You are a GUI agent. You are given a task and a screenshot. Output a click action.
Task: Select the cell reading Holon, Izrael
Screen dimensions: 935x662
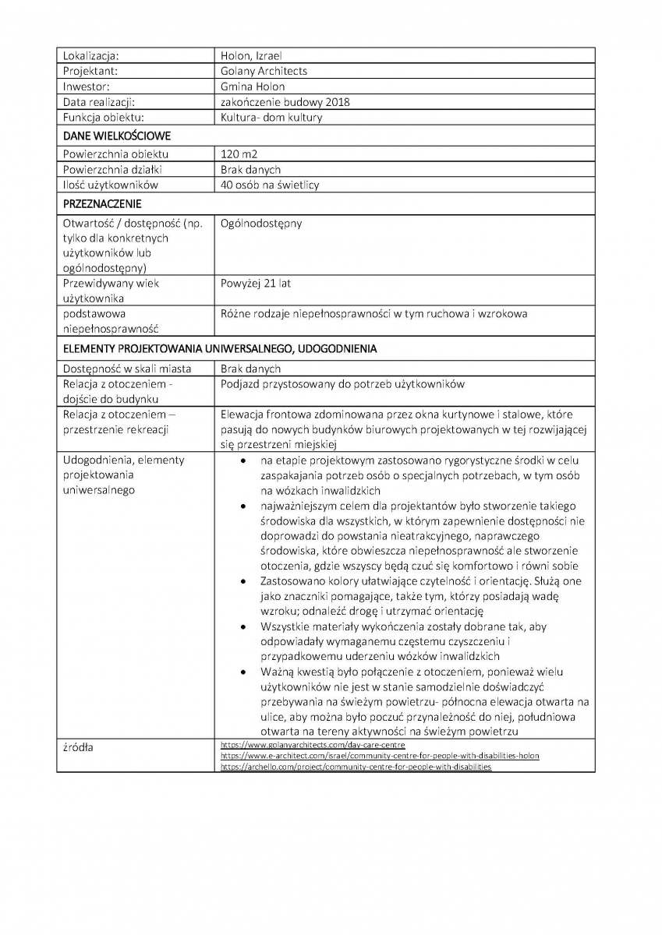coord(251,55)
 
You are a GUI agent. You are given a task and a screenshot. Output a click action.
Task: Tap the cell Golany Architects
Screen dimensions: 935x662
coord(264,71)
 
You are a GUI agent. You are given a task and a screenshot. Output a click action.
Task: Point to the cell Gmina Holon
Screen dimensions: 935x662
coord(253,86)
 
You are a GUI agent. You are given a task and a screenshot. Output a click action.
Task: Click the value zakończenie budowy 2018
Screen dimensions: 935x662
coord(285,102)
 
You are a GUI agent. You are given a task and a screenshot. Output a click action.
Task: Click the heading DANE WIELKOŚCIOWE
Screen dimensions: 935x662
coord(117,136)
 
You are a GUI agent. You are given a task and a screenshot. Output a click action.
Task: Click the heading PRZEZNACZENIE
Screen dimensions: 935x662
coord(102,204)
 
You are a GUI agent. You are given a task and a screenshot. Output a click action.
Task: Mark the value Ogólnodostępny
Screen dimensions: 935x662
coord(261,224)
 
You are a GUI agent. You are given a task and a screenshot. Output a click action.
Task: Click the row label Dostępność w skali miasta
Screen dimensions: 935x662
coord(127,369)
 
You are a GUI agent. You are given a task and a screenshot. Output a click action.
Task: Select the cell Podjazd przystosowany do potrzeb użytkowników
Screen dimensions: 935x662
coord(343,384)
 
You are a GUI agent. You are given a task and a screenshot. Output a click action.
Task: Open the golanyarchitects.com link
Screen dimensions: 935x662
coord(313,745)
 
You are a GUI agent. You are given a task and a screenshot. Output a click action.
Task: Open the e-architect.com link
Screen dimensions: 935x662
coord(380,756)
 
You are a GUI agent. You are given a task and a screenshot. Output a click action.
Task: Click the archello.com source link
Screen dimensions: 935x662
coord(356,767)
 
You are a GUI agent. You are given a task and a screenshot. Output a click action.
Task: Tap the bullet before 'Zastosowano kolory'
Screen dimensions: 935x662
coord(244,581)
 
